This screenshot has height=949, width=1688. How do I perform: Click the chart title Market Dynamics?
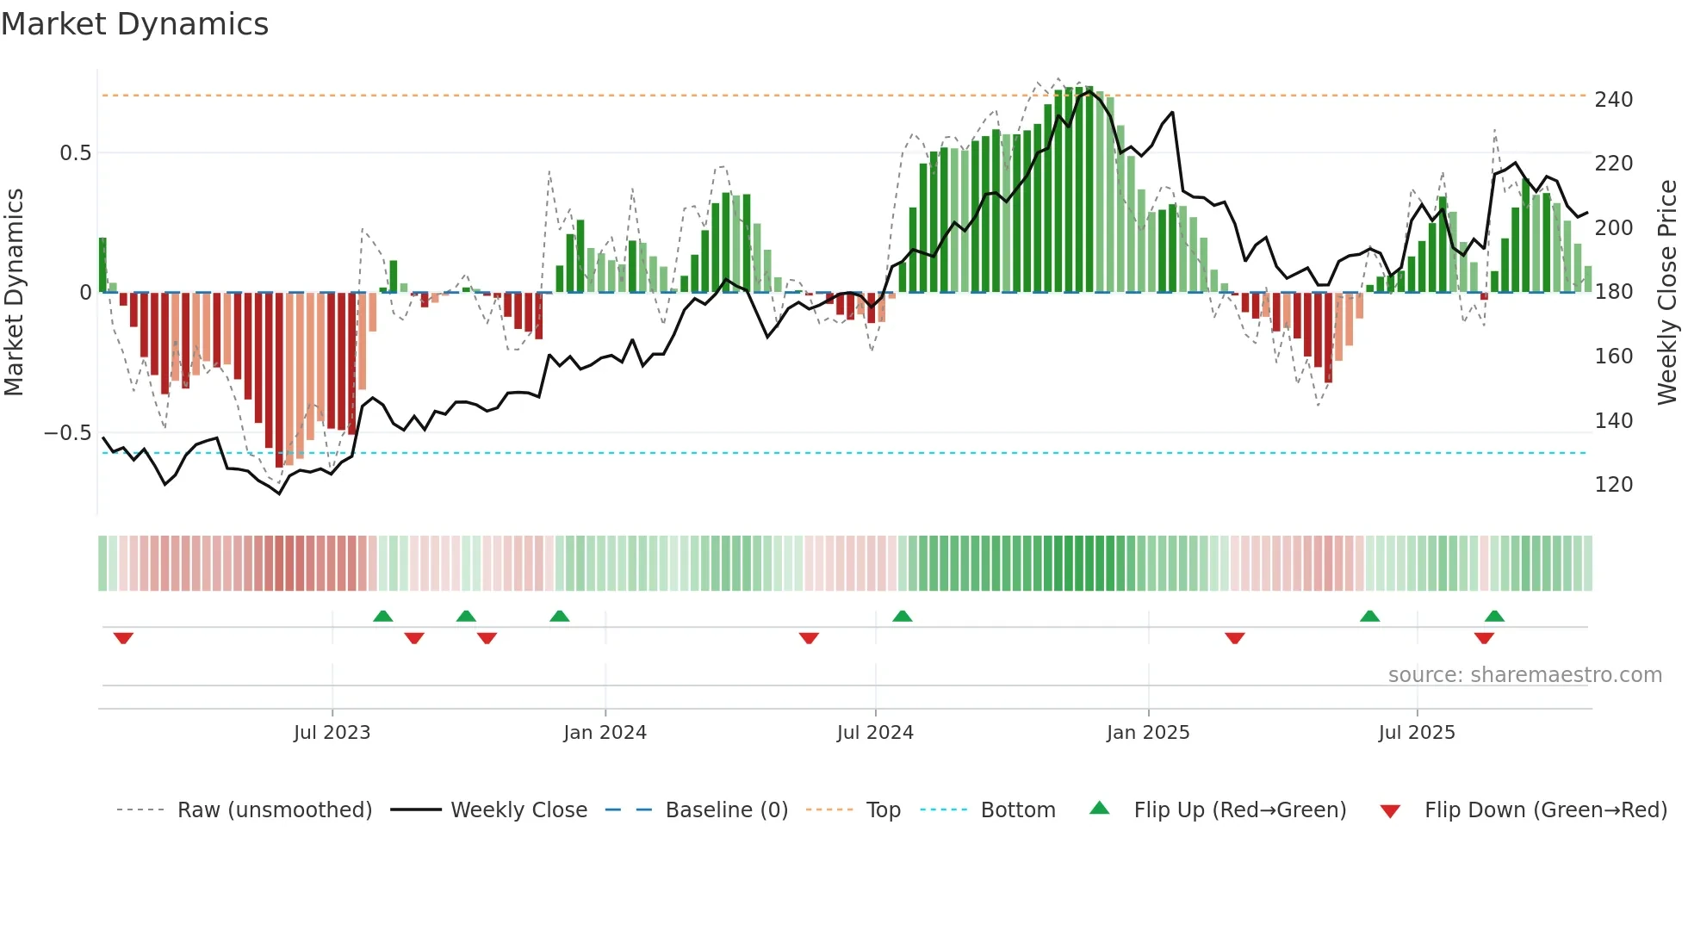[x=134, y=24]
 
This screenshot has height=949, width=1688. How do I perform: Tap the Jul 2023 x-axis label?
[x=332, y=733]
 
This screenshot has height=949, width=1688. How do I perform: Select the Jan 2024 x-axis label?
[x=605, y=733]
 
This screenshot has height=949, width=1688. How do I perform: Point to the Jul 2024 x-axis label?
[x=875, y=733]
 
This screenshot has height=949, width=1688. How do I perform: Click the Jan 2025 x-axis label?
[x=1148, y=733]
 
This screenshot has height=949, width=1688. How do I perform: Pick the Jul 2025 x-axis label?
[x=1417, y=733]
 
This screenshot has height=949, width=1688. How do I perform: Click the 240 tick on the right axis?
[x=1613, y=100]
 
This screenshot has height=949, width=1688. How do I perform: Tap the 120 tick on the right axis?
[x=1613, y=485]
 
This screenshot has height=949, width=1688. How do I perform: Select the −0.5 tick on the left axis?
[x=68, y=433]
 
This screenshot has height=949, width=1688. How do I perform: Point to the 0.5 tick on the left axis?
[x=75, y=153]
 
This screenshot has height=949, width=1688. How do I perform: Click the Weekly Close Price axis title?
[x=1667, y=293]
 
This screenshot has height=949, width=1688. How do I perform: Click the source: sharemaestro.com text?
[x=1524, y=675]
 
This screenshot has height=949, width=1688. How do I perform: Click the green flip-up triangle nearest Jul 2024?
[x=902, y=616]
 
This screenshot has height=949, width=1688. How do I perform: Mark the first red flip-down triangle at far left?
[x=123, y=638]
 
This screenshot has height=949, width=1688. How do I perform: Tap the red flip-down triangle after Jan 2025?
[x=1234, y=638]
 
